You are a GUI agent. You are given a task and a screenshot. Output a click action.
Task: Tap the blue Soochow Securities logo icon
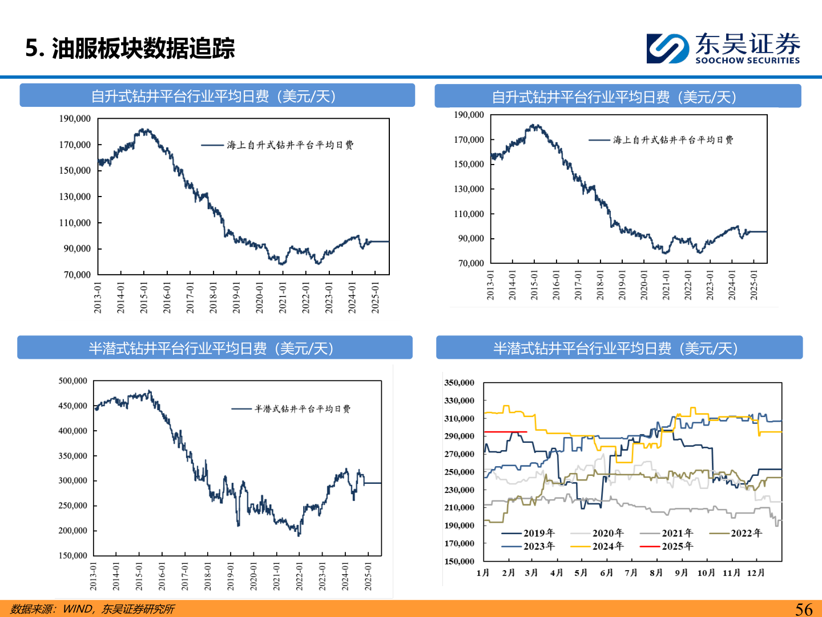(x=667, y=49)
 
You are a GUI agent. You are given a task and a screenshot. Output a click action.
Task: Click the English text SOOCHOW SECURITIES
(x=747, y=61)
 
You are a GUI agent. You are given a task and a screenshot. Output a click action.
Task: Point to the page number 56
(x=804, y=609)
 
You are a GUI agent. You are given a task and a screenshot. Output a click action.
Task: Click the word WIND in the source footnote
(x=77, y=609)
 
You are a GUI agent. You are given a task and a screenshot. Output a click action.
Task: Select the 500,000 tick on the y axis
(x=72, y=381)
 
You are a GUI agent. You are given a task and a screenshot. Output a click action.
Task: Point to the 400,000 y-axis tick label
(x=72, y=431)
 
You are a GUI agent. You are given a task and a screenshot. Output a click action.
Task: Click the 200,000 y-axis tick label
(x=72, y=531)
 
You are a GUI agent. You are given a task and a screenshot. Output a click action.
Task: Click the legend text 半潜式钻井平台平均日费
(x=303, y=409)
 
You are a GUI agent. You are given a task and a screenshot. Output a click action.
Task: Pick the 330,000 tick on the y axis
(x=459, y=401)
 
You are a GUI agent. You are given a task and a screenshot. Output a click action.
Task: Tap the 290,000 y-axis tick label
(x=459, y=436)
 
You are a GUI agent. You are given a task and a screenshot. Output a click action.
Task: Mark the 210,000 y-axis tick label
(x=459, y=508)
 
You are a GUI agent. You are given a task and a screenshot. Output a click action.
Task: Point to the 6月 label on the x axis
(x=606, y=573)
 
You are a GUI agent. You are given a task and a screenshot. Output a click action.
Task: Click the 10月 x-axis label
(x=706, y=573)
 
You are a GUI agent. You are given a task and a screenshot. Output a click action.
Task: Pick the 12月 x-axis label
(x=755, y=573)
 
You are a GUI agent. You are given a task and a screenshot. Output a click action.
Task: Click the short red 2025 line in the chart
(x=505, y=432)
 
